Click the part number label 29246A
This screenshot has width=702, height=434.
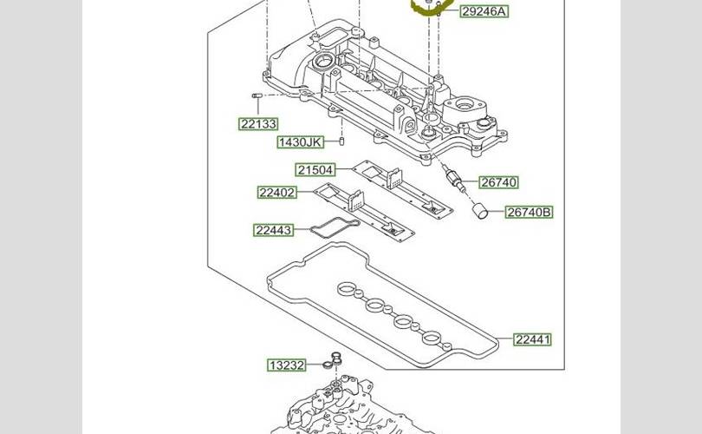484,11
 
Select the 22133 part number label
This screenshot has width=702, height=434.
258,124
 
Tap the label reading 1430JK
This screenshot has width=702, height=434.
300,141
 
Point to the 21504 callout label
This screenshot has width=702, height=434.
315,169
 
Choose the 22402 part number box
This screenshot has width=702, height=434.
277,192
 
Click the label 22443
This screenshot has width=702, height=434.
274,230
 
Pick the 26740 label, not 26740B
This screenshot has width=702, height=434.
498,182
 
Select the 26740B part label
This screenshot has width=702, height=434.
529,212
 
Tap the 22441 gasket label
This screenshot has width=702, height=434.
532,339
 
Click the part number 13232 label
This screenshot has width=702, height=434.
286,365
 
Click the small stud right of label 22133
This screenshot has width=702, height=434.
257,95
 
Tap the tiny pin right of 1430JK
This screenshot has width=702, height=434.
342,140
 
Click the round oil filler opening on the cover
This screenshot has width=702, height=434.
323,62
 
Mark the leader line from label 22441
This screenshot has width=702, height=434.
504,339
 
